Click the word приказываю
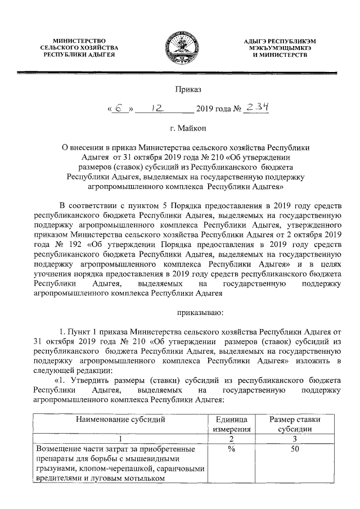point(201,309)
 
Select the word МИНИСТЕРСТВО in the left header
point(79,41)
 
